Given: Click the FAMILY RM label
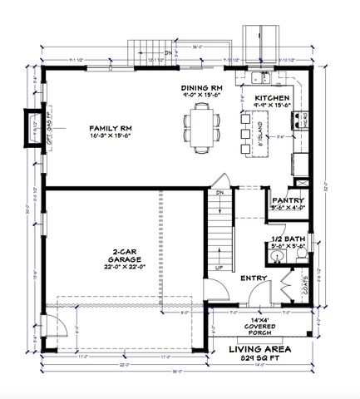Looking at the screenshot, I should point(107,129).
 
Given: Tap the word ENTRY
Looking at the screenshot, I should point(253,278).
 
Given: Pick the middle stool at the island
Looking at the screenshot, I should point(244,133).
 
